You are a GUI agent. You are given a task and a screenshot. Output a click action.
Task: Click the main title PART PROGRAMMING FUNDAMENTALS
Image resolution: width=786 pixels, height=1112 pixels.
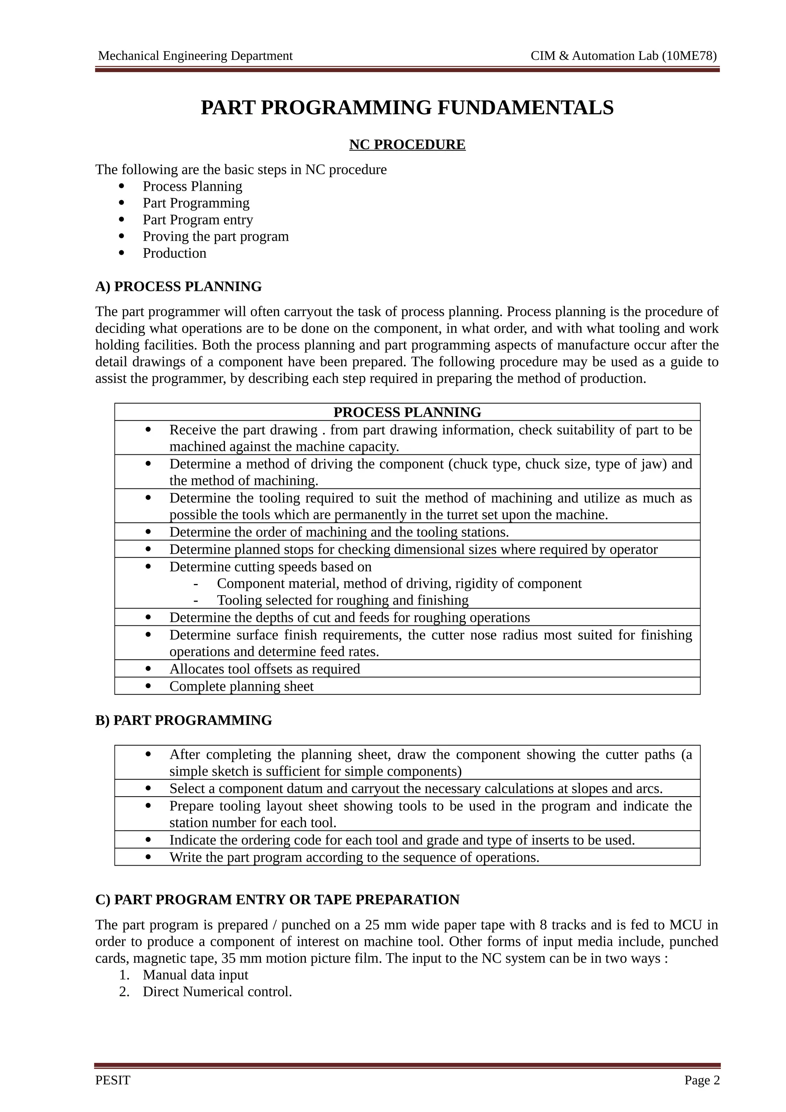click(407, 107)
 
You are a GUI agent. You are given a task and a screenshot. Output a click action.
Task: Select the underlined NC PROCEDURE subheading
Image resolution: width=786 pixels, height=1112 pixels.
click(407, 145)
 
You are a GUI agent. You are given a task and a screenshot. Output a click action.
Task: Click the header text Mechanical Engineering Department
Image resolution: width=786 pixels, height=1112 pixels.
click(195, 56)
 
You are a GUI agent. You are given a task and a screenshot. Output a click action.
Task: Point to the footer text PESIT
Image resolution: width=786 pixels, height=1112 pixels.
click(113, 1080)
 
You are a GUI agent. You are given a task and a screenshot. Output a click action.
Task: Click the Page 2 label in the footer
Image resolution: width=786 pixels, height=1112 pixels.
click(702, 1080)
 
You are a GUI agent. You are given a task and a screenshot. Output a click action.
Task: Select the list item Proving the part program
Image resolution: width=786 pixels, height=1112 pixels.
click(216, 236)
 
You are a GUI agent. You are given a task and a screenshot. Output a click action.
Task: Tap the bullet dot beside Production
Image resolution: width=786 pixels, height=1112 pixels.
click(122, 253)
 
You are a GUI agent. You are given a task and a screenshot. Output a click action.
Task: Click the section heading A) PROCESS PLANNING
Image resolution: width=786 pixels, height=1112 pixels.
click(178, 287)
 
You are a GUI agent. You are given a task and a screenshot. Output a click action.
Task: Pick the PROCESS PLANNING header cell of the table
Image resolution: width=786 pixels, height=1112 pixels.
click(407, 412)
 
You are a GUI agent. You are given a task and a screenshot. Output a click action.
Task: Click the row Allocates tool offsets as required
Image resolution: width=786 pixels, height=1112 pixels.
click(264, 669)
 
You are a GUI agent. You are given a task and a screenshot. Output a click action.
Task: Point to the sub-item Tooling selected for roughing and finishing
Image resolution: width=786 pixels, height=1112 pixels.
click(342, 600)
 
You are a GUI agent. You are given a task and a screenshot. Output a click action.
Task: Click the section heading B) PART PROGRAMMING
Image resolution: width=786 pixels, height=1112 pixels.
click(183, 720)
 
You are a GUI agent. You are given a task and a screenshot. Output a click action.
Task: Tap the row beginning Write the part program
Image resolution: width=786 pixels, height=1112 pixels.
click(353, 857)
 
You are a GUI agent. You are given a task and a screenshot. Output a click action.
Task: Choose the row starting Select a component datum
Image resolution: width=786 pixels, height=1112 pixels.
click(416, 789)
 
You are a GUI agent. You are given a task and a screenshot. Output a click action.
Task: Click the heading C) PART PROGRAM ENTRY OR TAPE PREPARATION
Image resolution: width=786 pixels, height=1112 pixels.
click(277, 899)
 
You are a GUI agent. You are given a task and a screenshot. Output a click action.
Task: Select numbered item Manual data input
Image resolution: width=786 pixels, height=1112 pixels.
click(195, 975)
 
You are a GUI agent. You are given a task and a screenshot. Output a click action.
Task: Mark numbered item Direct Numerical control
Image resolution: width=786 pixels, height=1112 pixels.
click(217, 992)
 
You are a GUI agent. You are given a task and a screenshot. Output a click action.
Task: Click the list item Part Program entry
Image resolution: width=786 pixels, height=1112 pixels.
click(198, 220)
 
